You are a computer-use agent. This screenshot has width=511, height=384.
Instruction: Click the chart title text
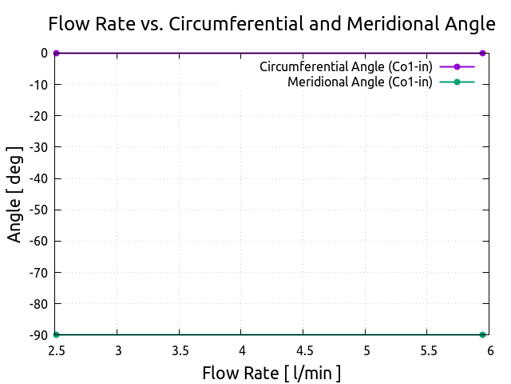point(271,24)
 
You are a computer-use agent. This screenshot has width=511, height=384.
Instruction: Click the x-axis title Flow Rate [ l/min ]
point(271,373)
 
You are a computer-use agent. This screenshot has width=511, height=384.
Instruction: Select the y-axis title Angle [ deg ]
point(14,194)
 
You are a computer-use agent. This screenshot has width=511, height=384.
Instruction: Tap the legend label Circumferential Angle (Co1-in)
point(346,66)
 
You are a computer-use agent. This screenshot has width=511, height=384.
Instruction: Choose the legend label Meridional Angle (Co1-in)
point(360,82)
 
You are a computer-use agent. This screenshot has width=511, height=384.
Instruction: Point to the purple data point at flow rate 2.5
point(56,53)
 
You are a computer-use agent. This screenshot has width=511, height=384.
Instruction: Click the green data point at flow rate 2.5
point(56,334)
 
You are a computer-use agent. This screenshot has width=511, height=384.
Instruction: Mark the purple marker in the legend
point(457,66)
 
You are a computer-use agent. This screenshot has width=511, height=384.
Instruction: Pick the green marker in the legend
point(457,82)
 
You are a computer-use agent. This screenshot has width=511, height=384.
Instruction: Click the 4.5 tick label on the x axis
point(304,350)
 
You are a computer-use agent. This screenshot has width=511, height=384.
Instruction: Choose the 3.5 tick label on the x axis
point(180,350)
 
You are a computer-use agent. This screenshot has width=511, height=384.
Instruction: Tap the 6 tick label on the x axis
point(490,350)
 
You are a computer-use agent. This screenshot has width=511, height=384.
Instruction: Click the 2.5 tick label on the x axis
point(56,350)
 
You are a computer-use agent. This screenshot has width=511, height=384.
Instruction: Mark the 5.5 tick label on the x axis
point(428,350)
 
